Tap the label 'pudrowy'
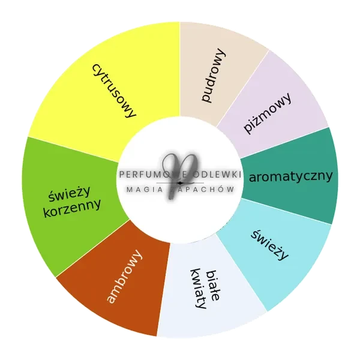214,76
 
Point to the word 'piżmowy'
268,113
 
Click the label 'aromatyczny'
290,176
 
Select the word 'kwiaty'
198,289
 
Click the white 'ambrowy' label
124,277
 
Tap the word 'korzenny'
72,208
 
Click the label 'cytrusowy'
114,91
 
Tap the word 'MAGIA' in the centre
145,190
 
